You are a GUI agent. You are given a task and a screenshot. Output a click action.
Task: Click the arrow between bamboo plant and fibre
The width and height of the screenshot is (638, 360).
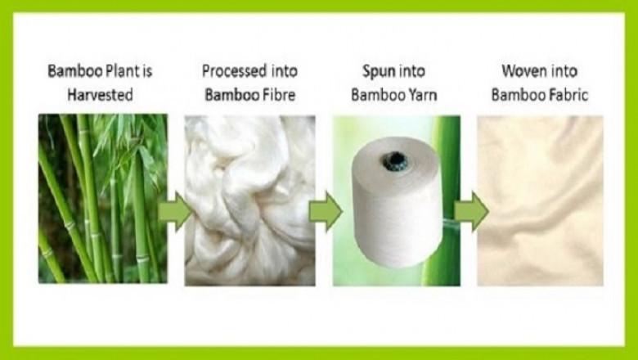[174, 212]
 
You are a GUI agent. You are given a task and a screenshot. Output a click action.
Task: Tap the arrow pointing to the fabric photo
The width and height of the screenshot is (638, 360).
[470, 212]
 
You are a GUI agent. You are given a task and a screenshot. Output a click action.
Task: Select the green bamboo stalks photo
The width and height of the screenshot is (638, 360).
[102, 200]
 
